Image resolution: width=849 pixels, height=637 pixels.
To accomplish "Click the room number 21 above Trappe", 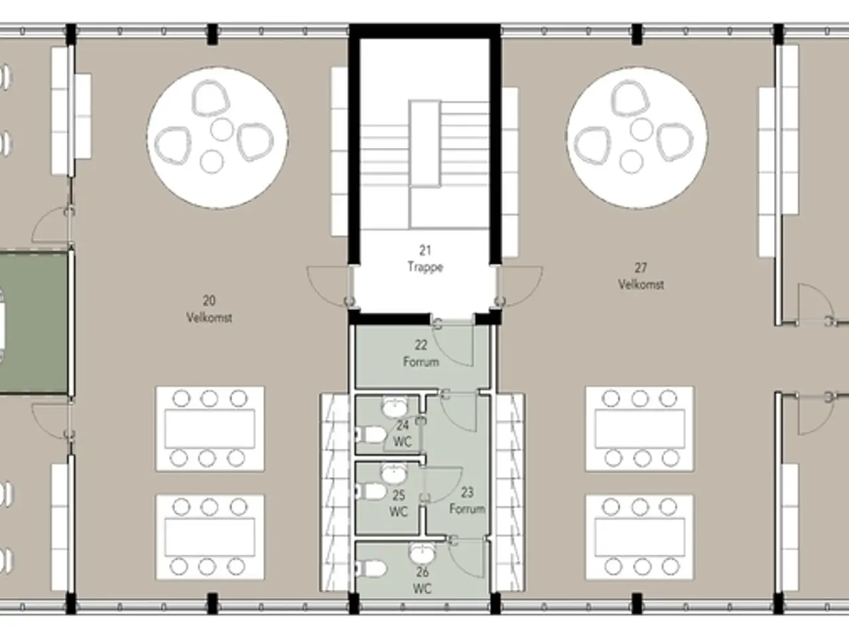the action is (425, 251).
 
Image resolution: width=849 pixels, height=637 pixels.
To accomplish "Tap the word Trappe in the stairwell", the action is (425, 267).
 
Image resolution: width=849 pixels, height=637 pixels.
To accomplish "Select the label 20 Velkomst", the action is (209, 309).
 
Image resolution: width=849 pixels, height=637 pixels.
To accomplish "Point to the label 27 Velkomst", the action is (641, 276).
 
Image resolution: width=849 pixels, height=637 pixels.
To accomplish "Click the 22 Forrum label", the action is (421, 353).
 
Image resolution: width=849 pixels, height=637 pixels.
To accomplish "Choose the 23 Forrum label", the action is (467, 500).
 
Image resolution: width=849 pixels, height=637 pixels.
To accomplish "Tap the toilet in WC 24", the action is (371, 435).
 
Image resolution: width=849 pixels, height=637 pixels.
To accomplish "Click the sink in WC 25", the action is (394, 474).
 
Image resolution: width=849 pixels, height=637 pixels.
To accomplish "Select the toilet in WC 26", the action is (371, 569).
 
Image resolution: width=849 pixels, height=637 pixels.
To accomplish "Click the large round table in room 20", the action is (218, 138).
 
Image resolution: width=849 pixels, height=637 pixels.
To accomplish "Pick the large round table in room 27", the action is (637, 138).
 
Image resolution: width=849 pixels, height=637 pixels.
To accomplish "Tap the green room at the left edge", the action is (34, 323).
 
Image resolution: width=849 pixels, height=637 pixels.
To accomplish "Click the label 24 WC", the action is (402, 433).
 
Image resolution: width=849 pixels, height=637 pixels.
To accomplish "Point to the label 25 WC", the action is (399, 504).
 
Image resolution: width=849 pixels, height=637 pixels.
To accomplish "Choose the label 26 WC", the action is (422, 580).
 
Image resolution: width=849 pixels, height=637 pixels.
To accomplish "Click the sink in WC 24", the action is (394, 407).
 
